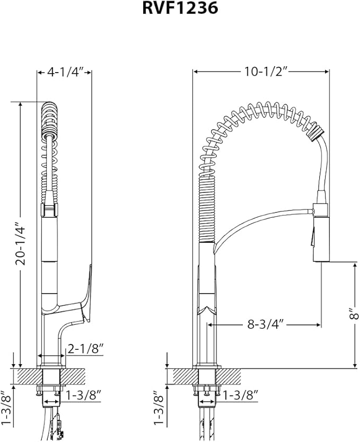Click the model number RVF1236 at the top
[180, 8]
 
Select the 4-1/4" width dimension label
[65, 73]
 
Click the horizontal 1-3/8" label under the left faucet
[82, 395]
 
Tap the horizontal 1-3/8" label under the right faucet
[240, 395]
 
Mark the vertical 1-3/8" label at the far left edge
[5, 408]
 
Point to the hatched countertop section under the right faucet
[183, 376]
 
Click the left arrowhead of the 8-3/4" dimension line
[210, 324]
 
